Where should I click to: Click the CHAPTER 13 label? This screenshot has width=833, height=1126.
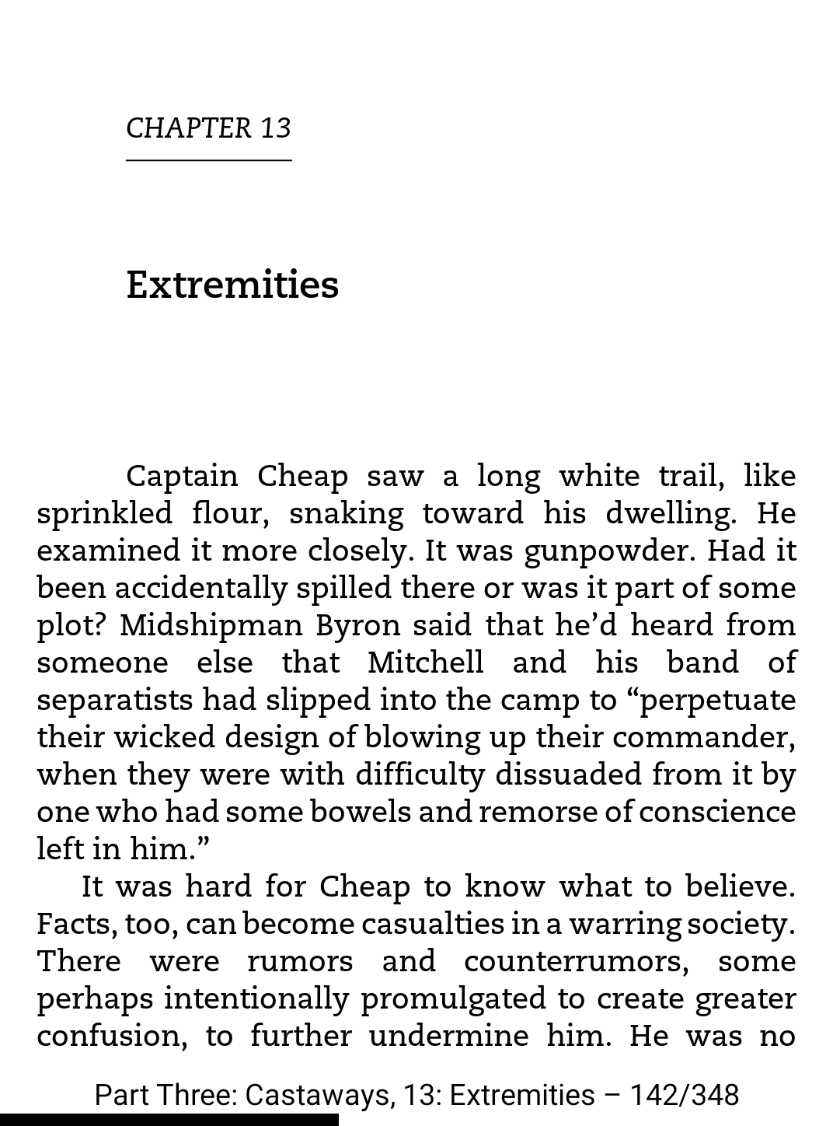pyautogui.click(x=208, y=128)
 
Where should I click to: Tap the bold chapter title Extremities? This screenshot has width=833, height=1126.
pyautogui.click(x=232, y=285)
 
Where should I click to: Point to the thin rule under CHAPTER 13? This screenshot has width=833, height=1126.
pyautogui.click(x=208, y=160)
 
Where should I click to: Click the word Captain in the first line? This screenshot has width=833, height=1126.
pyautogui.click(x=182, y=476)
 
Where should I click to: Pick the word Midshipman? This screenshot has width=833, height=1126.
pyautogui.click(x=211, y=625)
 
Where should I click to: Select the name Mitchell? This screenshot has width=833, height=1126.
pyautogui.click(x=425, y=663)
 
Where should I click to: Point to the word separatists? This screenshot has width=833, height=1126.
pyautogui.click(x=114, y=700)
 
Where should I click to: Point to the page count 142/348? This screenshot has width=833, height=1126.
pyautogui.click(x=684, y=1095)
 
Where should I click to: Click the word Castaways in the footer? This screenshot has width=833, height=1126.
pyautogui.click(x=320, y=1095)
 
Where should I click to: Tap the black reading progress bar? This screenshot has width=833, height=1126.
pyautogui.click(x=169, y=1120)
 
